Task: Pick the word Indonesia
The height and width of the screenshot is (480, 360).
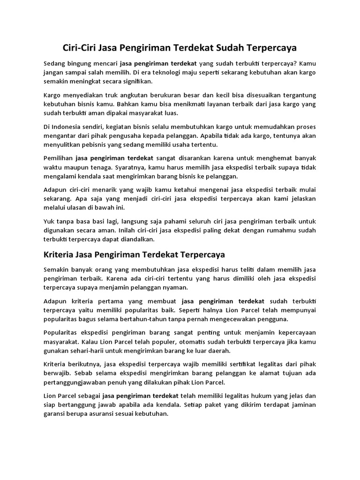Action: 71,127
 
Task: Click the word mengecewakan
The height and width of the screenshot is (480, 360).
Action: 225,319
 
